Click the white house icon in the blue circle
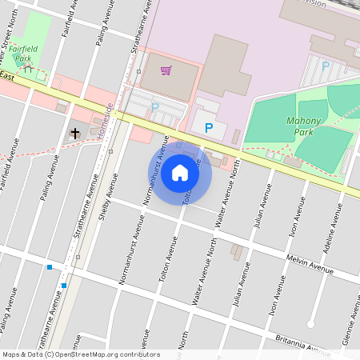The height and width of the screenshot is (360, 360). [x=180, y=173]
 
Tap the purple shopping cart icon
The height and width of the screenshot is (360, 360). [x=166, y=70]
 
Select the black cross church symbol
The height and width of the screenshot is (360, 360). [x=75, y=133]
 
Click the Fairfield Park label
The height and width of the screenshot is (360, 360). [x=21, y=54]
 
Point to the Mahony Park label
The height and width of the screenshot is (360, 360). [x=302, y=126]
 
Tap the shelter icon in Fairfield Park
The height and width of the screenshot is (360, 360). [x=29, y=69]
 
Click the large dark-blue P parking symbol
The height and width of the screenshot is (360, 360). [x=209, y=127]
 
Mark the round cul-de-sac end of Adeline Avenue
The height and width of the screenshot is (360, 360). [x=311, y=325]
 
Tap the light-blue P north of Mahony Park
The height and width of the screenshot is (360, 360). [x=325, y=66]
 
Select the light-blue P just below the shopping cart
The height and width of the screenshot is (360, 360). [x=155, y=106]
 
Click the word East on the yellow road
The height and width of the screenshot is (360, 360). [x=8, y=77]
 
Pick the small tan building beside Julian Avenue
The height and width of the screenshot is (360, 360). [x=236, y=252]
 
